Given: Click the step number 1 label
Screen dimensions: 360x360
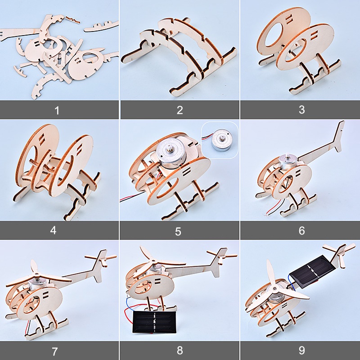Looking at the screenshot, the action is coord(57,110).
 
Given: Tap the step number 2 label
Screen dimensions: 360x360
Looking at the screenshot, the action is coord(180,110).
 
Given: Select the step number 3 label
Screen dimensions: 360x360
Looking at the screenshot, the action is coord(301,110).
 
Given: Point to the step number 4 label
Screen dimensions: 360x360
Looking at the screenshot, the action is coord(53,230).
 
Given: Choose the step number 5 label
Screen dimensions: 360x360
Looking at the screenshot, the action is coord(178,231).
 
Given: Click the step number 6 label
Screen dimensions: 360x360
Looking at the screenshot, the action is coord(301,230).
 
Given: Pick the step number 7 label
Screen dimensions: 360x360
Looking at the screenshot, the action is coord(54,351).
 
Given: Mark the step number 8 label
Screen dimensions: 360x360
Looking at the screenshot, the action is coord(180,351).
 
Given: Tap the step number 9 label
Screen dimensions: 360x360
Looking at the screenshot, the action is coord(301,351).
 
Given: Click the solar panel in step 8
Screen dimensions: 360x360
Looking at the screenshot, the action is coord(155,322).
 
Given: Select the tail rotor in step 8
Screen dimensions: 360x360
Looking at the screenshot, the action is coord(222,255).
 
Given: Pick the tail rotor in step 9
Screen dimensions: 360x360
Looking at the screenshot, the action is coord(339,252).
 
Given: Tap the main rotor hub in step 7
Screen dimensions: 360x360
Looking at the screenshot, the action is coord(37,274).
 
